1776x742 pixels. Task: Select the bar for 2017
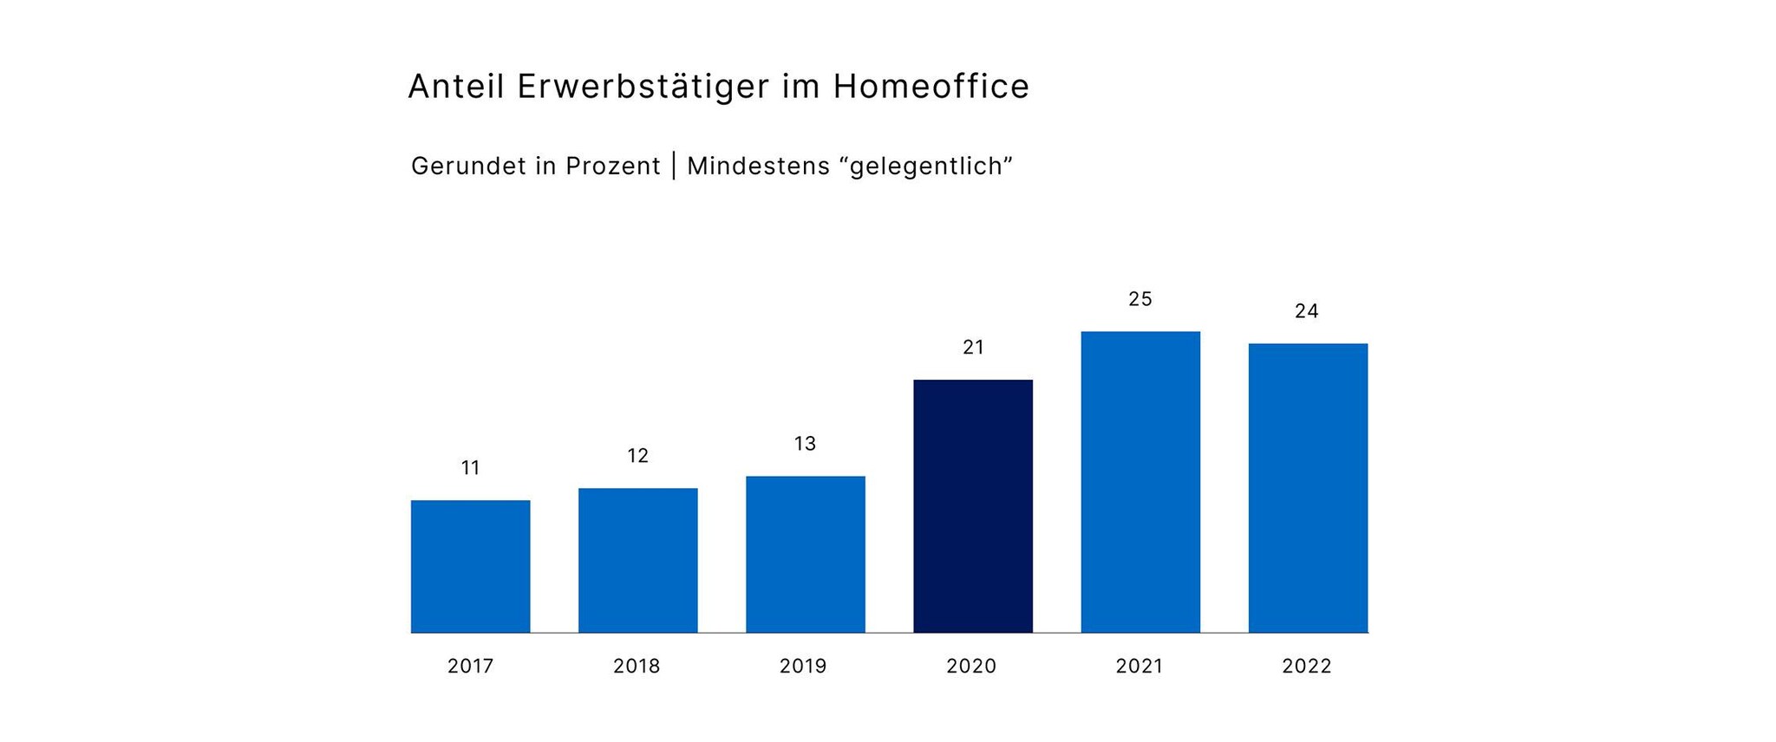tap(470, 566)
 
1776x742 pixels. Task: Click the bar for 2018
tap(637, 560)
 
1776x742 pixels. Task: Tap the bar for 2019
tap(805, 554)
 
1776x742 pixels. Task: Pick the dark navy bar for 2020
tap(972, 506)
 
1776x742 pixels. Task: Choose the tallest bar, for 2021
tap(1139, 482)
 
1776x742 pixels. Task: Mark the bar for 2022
tap(1307, 488)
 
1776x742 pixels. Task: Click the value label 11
tap(470, 468)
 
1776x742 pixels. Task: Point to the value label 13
tap(805, 444)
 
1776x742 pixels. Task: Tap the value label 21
tap(973, 348)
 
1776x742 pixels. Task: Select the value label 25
tap(1139, 299)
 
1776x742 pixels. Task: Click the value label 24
tap(1306, 311)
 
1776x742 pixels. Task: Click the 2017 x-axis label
tap(470, 667)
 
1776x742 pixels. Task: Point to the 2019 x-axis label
tap(803, 667)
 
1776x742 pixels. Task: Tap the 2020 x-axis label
tap(971, 667)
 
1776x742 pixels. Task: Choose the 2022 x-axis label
tap(1306, 667)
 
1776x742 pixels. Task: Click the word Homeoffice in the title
tap(931, 87)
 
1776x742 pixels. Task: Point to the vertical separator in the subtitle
tap(674, 166)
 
